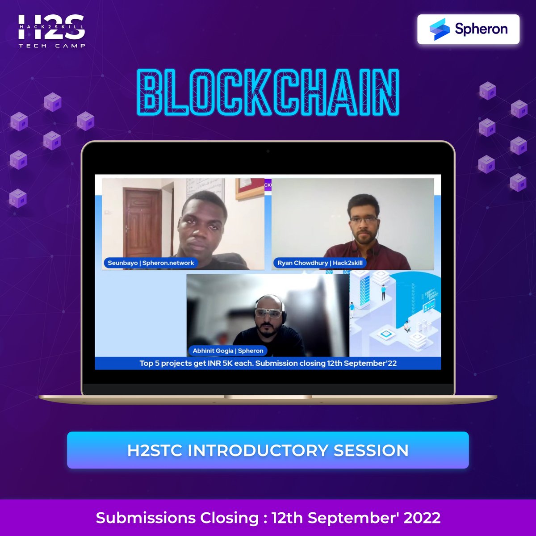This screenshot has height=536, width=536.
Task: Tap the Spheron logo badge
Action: point(468,29)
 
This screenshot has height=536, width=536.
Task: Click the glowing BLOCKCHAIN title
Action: point(268,93)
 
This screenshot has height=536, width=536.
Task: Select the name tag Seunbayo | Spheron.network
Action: point(151,263)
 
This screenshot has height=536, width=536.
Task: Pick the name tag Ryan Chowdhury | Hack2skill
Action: point(320,263)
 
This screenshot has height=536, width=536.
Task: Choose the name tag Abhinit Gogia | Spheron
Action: point(228,351)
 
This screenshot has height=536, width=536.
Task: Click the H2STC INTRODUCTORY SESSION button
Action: point(268,450)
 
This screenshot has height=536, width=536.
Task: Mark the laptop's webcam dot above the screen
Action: point(268,151)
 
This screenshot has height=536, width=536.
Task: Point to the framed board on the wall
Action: point(250,188)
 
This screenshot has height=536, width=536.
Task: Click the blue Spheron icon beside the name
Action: point(439,29)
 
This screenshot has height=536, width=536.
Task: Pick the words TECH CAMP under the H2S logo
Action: point(51,46)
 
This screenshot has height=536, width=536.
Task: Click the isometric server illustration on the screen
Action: point(395,313)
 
